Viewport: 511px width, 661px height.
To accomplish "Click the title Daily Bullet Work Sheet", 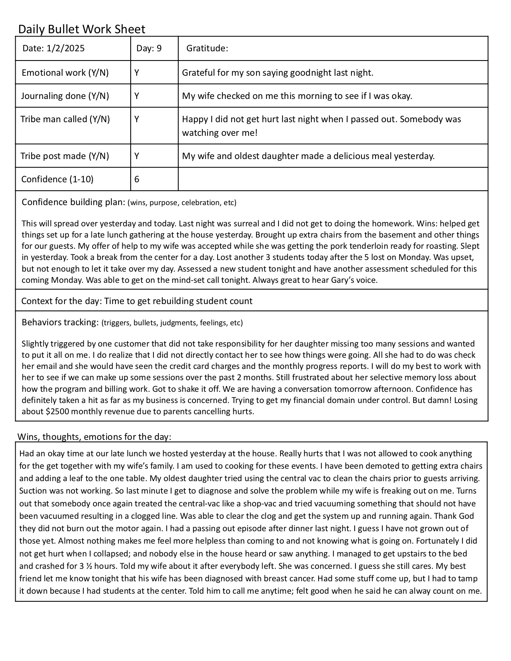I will [82, 29].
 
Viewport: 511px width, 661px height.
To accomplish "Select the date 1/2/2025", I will [65, 48].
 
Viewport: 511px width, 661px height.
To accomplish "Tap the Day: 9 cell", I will [149, 48].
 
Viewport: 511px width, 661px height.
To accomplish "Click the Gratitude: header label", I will [207, 48].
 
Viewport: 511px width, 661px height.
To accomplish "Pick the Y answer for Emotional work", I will [137, 73].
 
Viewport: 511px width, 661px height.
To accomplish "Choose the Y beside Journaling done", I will [137, 96].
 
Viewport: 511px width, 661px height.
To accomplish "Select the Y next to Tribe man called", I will [137, 119].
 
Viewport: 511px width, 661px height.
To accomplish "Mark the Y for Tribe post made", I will [137, 156].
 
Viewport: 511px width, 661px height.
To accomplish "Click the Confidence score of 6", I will [137, 179].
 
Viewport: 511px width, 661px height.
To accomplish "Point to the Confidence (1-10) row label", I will [57, 179].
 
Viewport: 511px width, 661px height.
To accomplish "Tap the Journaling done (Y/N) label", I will [65, 96].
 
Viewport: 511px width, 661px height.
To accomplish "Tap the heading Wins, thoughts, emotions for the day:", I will [95, 436].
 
